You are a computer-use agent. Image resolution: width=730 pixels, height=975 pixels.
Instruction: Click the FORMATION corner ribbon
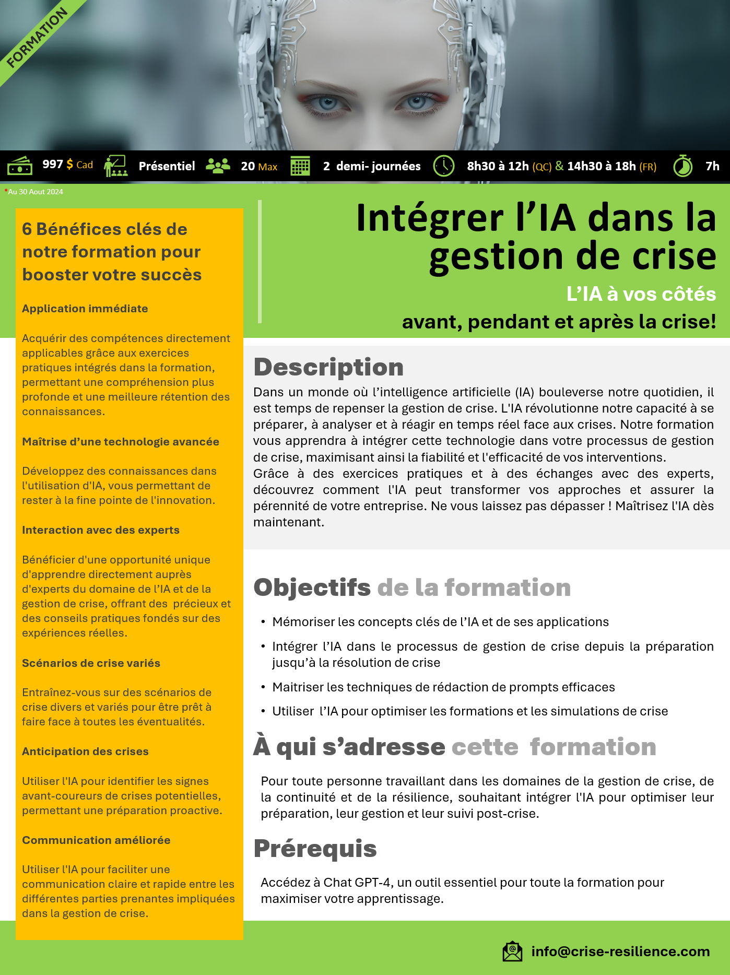pos(37,38)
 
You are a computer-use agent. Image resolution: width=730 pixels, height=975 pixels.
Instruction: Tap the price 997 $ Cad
pos(67,165)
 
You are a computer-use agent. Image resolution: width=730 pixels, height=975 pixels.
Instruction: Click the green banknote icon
pos(20,166)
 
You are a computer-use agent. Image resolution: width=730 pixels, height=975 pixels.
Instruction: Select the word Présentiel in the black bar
pos(167,166)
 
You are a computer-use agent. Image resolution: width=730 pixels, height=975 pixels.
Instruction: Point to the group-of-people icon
pos(218,166)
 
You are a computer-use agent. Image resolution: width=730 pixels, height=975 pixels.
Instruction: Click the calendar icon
pos(300,166)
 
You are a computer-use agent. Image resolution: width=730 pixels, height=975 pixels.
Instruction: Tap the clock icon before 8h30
pos(444,166)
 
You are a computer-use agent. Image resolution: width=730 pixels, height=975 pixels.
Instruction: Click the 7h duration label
pos(712,166)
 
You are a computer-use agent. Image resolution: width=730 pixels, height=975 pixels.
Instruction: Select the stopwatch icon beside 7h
pos(682,166)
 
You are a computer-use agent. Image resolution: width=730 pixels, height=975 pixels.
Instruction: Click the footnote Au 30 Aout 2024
pos(35,192)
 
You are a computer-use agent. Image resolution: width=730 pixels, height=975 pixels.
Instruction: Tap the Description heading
pos(328,367)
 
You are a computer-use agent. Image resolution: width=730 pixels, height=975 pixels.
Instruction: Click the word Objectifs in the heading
pos(312,588)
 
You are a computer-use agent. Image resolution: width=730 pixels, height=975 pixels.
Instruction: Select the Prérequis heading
pos(315,849)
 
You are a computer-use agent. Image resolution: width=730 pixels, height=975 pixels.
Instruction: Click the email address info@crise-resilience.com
pos(620,951)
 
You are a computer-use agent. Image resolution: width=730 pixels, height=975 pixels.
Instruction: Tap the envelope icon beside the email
pos(512,951)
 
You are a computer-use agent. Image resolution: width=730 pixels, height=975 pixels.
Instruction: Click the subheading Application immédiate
pos(85,309)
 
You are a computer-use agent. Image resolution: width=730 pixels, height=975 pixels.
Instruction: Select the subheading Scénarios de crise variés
pos(91,663)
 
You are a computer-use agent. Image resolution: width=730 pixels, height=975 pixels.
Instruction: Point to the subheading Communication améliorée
pos(96,840)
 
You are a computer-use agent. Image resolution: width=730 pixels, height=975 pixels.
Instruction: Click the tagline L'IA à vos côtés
pos(641,294)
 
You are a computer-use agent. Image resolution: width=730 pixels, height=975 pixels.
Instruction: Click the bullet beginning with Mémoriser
pos(440,622)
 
